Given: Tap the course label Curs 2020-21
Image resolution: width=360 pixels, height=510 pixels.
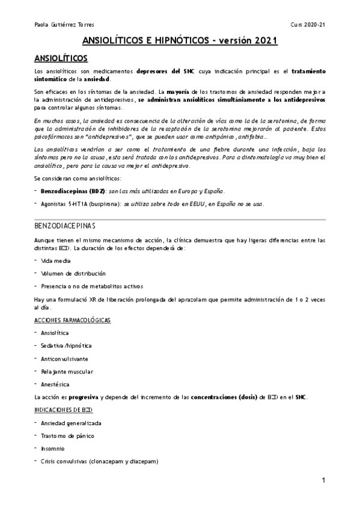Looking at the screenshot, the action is point(307,24).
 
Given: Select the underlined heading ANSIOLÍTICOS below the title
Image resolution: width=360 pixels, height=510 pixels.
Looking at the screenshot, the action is point(61,58).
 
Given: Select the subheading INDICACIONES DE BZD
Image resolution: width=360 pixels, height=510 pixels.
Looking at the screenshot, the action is point(63,410).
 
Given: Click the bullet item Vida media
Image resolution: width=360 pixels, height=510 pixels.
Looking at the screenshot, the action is point(55,260).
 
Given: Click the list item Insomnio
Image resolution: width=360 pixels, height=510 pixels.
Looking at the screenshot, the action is point(53,449).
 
